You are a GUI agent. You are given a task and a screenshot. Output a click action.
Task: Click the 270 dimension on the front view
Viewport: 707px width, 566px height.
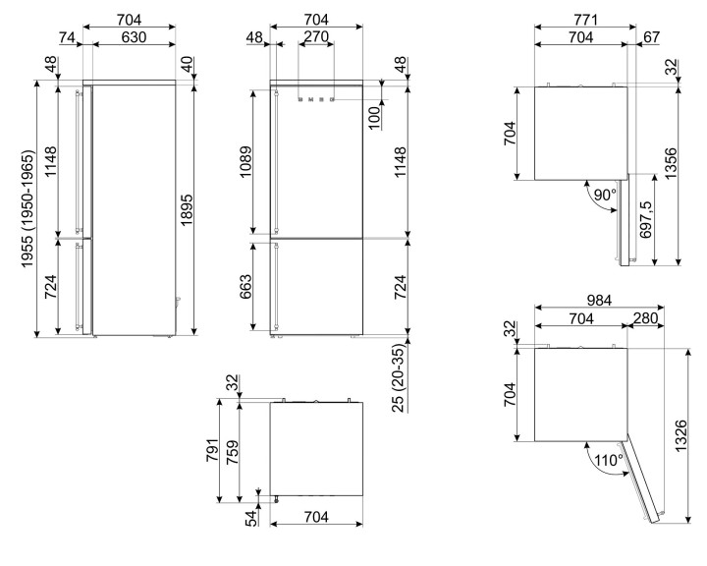[315, 37]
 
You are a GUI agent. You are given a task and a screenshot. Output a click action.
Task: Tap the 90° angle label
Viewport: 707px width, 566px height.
[605, 195]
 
